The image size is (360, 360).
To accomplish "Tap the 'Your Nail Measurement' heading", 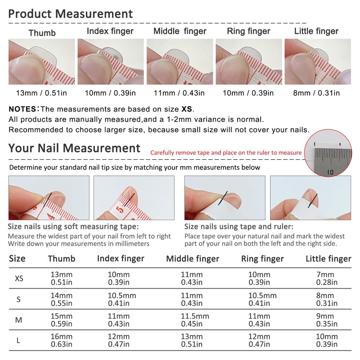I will point(74,148).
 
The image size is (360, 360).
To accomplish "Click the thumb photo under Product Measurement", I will point(42,62).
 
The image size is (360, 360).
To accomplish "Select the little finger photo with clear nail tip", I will point(318,62).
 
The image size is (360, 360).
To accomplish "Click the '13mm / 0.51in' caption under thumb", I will point(42,93).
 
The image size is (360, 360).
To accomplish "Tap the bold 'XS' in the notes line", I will point(187,109).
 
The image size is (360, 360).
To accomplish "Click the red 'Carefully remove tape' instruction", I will point(226,153).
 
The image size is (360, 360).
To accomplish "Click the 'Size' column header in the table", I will point(18,259).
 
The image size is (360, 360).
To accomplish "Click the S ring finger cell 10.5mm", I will point(262,299).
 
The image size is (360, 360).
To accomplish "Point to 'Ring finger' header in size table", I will point(262,259).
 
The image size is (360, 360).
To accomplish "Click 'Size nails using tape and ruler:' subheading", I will point(239,227).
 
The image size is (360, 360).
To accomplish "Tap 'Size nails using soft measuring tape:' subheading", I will point(73,227).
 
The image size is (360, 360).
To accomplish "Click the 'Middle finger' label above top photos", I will point(180,31).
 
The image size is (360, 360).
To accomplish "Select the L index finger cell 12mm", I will point(119,340).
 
